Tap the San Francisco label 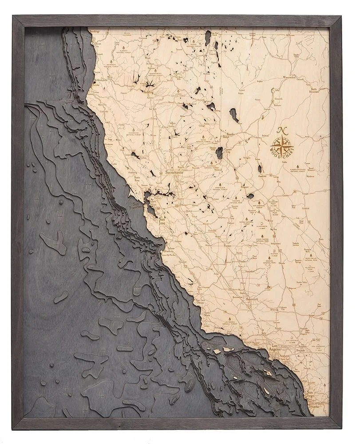tap(136, 205)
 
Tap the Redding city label tap(149, 91)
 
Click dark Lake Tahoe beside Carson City tap(219, 154)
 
